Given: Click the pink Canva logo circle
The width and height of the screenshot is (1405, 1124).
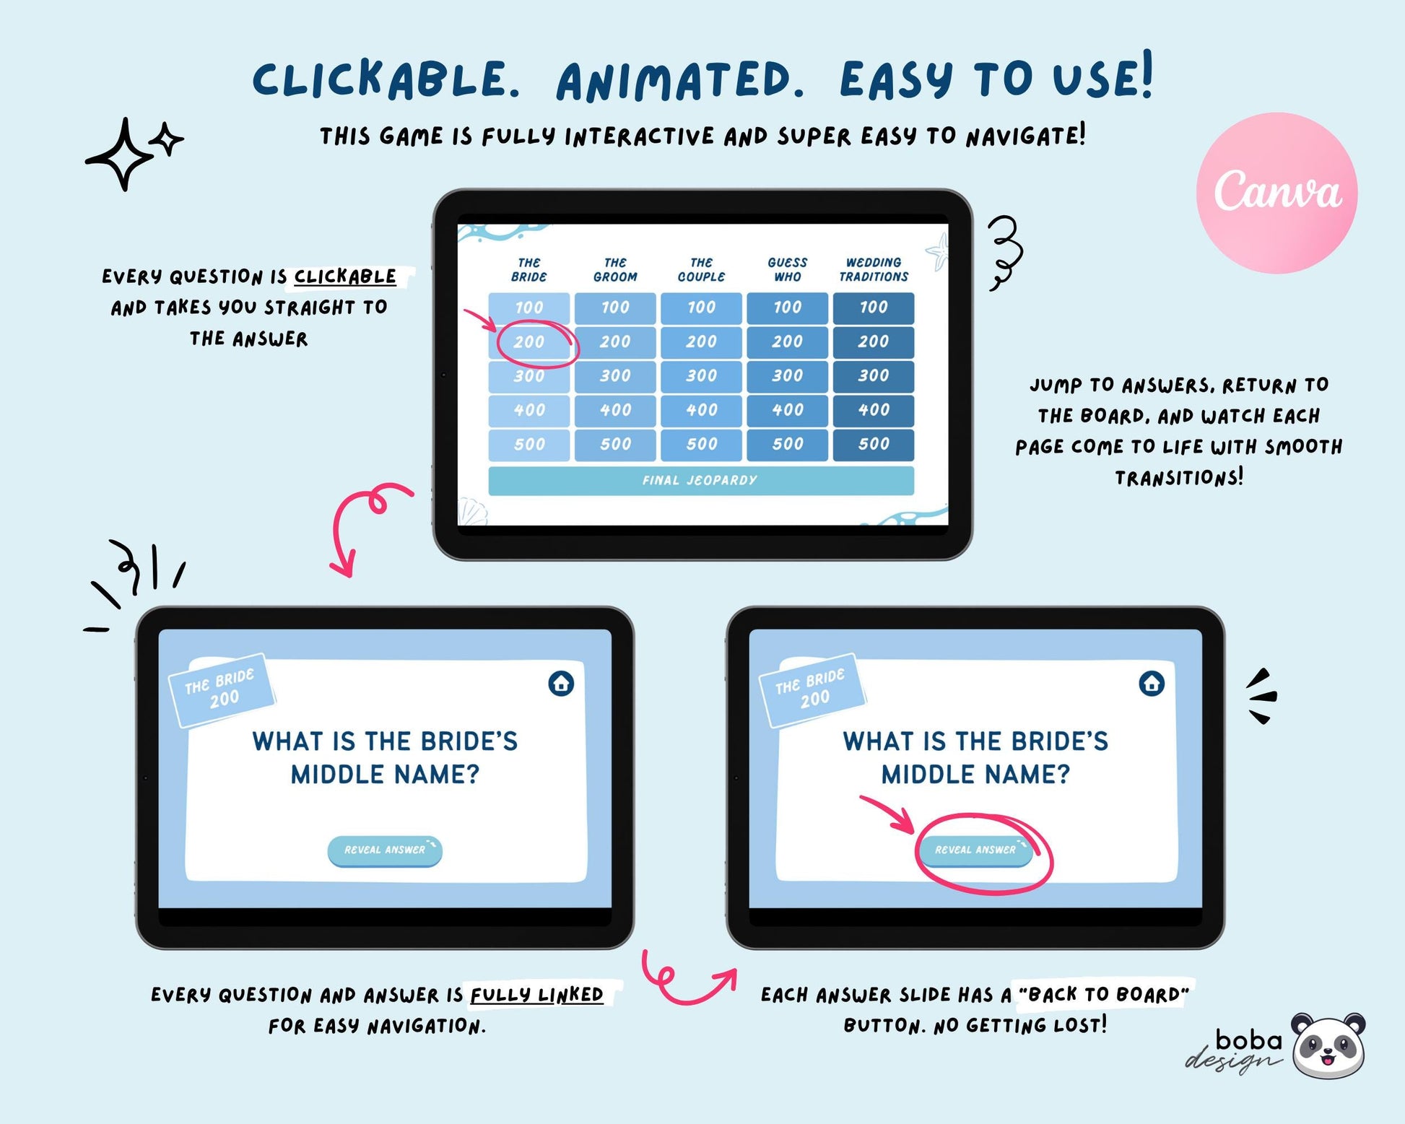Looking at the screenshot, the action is point(1276,193).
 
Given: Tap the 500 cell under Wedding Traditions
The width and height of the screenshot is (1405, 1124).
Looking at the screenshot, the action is point(874,445).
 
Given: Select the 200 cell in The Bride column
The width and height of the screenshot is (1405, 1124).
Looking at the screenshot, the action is point(529,342).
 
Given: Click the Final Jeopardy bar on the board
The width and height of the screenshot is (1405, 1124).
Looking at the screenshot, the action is point(701,481).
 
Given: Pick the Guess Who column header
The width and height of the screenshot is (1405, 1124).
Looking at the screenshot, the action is point(788,269).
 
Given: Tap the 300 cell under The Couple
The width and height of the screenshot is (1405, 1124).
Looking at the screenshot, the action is point(701,376).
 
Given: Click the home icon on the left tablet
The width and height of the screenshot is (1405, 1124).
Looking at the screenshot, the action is point(561,683).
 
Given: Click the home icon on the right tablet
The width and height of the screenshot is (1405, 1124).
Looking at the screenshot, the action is point(1152,683).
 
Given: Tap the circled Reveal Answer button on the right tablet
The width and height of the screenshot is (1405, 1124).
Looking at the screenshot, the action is point(975,850).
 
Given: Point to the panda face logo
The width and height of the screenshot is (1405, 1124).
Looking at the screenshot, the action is point(1328,1045).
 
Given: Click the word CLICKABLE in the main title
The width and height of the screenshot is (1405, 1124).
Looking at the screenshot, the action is point(386,79).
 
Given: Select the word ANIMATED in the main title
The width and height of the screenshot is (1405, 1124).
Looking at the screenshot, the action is point(680,81).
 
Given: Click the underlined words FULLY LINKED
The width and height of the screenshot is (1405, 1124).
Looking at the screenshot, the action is point(536,995).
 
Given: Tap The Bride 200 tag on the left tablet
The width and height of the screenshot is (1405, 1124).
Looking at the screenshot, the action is point(221,689).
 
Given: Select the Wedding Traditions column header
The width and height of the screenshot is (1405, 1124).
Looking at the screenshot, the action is point(874,269).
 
